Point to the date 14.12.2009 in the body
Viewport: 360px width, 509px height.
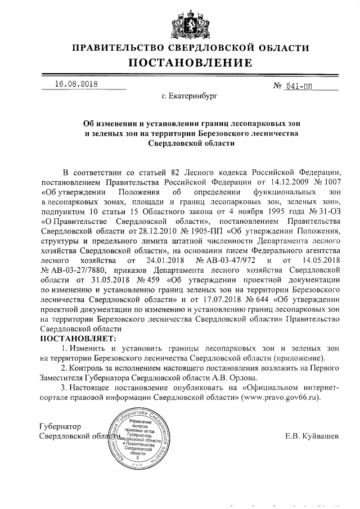click(280, 182)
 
